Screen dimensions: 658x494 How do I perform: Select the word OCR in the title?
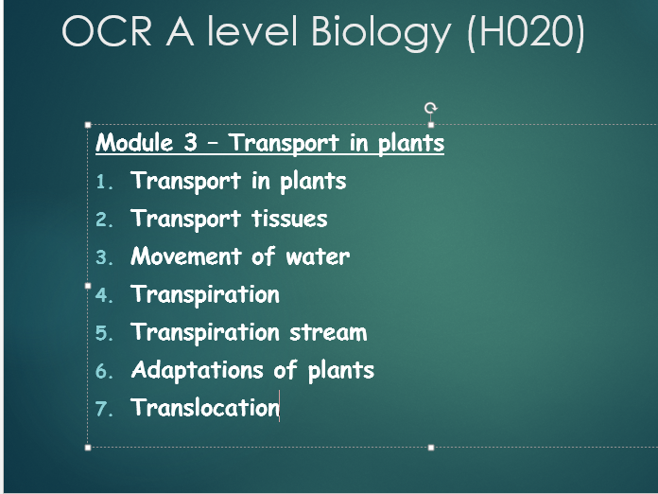click(107, 31)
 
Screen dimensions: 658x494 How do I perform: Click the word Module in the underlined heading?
click(134, 142)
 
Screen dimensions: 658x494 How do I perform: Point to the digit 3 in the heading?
click(190, 142)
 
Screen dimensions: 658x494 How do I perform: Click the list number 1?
click(104, 182)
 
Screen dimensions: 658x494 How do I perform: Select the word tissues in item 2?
click(289, 219)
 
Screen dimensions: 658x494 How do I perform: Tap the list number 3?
click(104, 257)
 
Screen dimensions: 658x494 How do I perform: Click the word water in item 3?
click(318, 256)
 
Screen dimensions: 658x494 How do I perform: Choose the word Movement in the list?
click(186, 256)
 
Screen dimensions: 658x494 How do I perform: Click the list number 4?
click(104, 295)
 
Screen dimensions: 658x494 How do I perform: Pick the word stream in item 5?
click(328, 332)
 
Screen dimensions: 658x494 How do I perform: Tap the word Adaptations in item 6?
click(198, 371)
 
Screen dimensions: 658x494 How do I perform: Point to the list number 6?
click(104, 371)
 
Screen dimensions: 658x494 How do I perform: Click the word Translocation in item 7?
click(205, 407)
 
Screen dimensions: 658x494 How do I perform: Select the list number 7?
click(104, 409)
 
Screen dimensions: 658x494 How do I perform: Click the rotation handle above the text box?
click(430, 108)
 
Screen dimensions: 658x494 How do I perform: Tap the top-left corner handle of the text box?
click(88, 125)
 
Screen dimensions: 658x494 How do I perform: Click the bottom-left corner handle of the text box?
click(88, 448)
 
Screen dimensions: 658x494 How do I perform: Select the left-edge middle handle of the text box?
click(88, 286)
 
